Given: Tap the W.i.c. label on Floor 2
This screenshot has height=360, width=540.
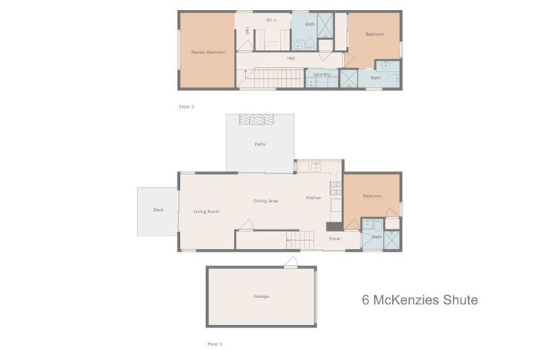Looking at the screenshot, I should pyautogui.click(x=272, y=20).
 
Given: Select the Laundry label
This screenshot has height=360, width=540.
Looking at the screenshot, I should pyautogui.click(x=322, y=74).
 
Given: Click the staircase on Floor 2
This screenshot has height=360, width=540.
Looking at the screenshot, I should pyautogui.click(x=278, y=77).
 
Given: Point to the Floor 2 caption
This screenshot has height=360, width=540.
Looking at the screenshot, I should pyautogui.click(x=186, y=107).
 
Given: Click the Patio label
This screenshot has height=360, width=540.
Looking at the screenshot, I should pyautogui.click(x=259, y=144).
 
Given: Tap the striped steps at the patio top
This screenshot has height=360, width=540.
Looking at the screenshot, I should pyautogui.click(x=256, y=120).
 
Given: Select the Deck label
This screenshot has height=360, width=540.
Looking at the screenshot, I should pyautogui.click(x=158, y=210).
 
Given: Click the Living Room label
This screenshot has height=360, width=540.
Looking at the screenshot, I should pyautogui.click(x=207, y=211).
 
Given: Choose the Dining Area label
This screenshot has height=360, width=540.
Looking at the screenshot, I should pyautogui.click(x=266, y=201).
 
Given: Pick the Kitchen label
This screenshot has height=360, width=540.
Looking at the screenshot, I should pyautogui.click(x=314, y=198).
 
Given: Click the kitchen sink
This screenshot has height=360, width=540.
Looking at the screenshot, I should pyautogui.click(x=316, y=167).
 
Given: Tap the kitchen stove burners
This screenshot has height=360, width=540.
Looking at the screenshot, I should pyautogui.click(x=335, y=188).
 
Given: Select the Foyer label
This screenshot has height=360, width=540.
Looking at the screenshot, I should pyautogui.click(x=335, y=238).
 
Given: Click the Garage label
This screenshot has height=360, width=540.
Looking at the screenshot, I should pyautogui.click(x=261, y=296).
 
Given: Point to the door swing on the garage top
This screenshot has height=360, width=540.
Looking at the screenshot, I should pyautogui.click(x=291, y=262).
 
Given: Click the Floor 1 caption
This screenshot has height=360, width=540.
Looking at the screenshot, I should pyautogui.click(x=214, y=344).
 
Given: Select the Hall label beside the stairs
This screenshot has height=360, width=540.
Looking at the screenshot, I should pyautogui.click(x=290, y=58).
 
